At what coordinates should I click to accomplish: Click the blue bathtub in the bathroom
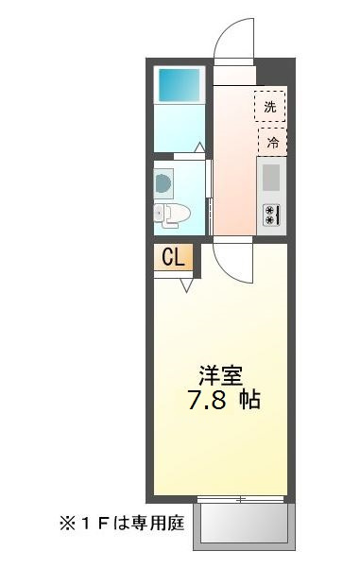point(179,85)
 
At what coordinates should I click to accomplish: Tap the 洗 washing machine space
point(270,106)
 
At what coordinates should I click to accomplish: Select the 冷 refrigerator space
point(272,142)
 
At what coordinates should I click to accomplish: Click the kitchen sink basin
point(271,178)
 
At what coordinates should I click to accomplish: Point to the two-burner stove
point(271,215)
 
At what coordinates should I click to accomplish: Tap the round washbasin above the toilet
point(163,184)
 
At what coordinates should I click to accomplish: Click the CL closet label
point(173,257)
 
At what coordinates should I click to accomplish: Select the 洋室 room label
point(221,375)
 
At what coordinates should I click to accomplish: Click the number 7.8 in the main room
point(207,400)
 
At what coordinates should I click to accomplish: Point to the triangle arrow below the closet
point(186,285)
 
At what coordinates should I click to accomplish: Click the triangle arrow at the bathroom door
point(199,147)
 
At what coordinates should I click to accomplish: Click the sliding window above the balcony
point(241,499)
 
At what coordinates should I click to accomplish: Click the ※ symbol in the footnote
point(68,524)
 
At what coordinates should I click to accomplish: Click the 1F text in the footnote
point(94,524)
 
